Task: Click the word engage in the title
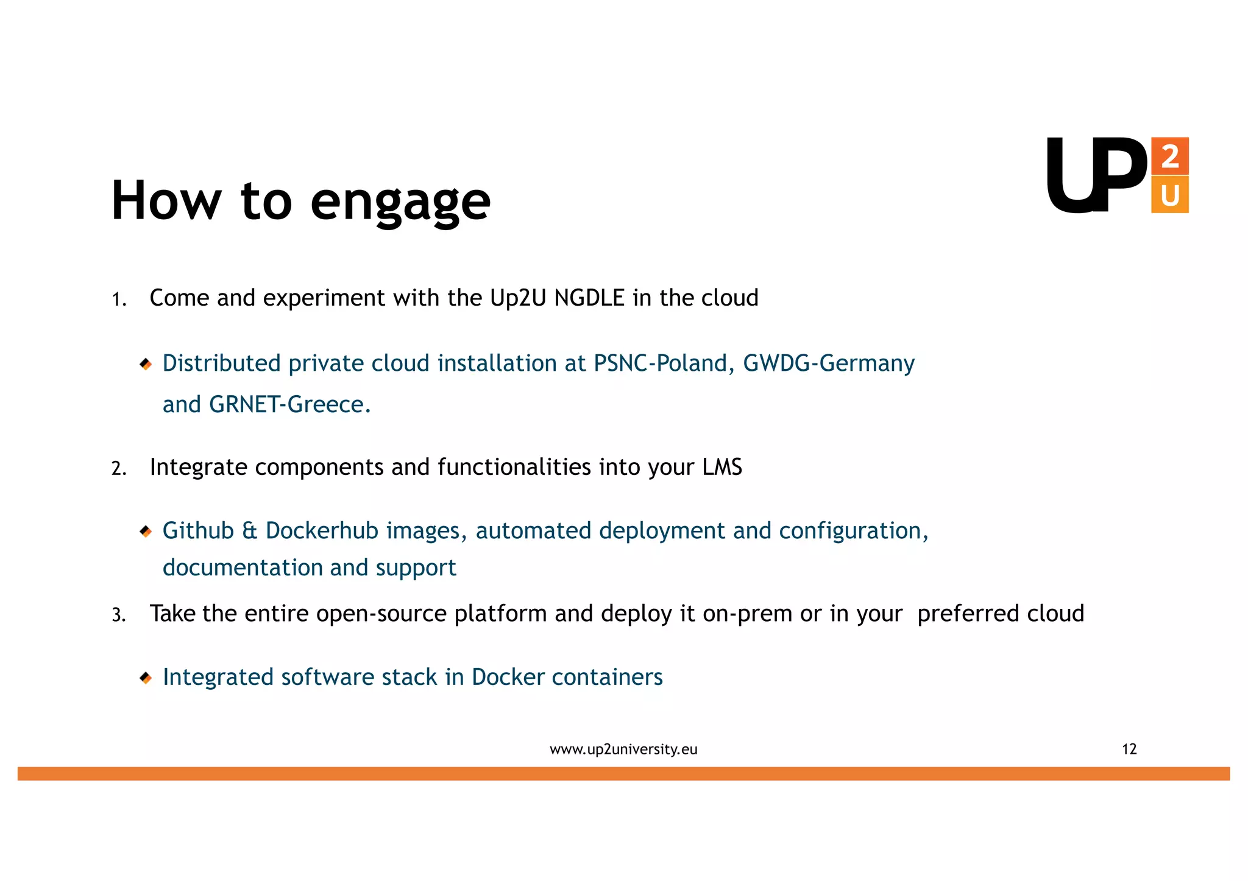click(400, 202)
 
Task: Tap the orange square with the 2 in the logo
click(1169, 156)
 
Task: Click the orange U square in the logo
click(1169, 195)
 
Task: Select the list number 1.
click(118, 300)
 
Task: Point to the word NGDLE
click(589, 298)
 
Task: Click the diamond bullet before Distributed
click(145, 364)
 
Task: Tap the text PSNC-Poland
click(661, 363)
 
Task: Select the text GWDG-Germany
click(828, 363)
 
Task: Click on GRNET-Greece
click(289, 405)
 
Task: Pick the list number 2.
click(118, 469)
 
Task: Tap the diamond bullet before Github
click(145, 532)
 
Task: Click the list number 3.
click(118, 615)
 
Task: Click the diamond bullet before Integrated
click(145, 678)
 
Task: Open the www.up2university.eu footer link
click(623, 749)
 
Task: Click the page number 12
click(1129, 749)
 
